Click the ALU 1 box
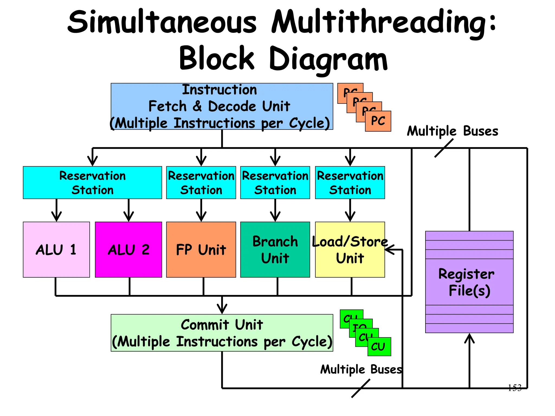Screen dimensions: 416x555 [x=56, y=249]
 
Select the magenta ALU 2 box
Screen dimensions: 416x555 [x=128, y=249]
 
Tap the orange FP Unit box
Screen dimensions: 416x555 [x=201, y=249]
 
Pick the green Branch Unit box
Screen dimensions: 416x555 [x=275, y=249]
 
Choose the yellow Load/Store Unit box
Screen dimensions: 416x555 [x=350, y=249]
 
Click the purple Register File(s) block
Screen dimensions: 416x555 [x=469, y=282]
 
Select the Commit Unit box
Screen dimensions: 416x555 [x=222, y=333]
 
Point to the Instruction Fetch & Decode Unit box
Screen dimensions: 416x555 [x=222, y=106]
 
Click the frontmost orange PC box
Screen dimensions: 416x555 [x=378, y=121]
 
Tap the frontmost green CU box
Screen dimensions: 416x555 [x=379, y=347]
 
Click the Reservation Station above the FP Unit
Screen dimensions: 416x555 [x=201, y=183]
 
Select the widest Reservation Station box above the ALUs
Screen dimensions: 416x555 [x=92, y=183]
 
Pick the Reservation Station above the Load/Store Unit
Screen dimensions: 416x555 [x=350, y=183]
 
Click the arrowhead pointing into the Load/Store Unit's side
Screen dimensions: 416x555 [x=389, y=249]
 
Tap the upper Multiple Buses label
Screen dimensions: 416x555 [x=452, y=131]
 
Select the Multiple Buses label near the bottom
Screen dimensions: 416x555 [x=361, y=369]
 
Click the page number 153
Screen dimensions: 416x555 [x=514, y=388]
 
